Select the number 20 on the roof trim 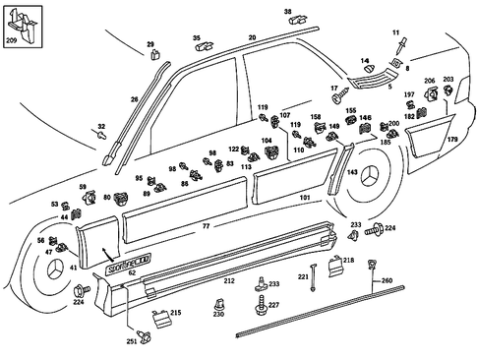click(x=252, y=36)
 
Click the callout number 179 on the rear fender click(x=453, y=140)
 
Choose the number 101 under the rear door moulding click(x=304, y=197)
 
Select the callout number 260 click(x=387, y=280)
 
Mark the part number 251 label click(x=131, y=341)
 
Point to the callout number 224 click(x=389, y=228)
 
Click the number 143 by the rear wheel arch click(x=351, y=170)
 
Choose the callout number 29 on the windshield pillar click(x=150, y=45)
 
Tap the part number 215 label click(x=175, y=313)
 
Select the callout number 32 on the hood click(x=100, y=127)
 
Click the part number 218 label click(x=347, y=260)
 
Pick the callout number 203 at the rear click(x=448, y=80)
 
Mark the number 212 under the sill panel click(x=228, y=281)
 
